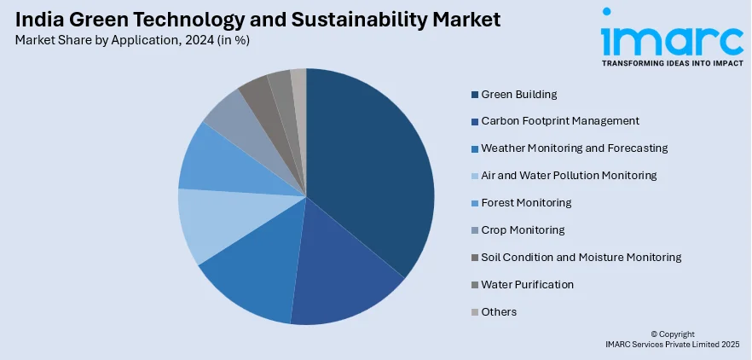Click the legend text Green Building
[x=518, y=94]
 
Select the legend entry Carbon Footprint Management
[x=560, y=121]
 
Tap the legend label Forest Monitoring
[x=526, y=203]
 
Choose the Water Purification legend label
[x=527, y=285]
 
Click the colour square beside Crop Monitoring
[x=474, y=230]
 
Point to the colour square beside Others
[x=474, y=312]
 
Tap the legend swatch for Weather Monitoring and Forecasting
[x=474, y=148]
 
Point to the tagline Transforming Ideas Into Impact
[x=672, y=63]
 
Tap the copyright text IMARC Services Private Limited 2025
[x=672, y=345]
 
